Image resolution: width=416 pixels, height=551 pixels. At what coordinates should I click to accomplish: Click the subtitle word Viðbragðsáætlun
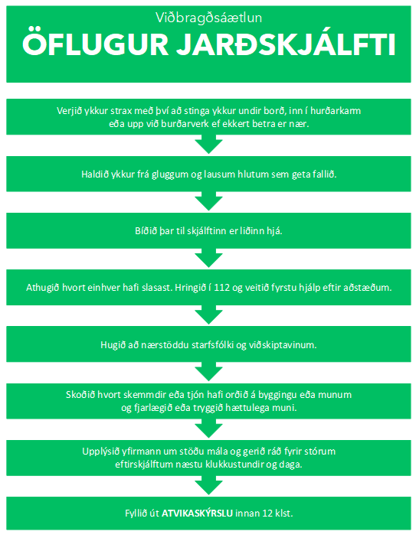click(208, 18)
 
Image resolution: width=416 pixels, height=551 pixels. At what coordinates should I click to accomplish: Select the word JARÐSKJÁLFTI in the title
click(286, 44)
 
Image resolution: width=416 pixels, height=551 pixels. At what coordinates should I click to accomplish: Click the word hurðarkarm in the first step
click(336, 111)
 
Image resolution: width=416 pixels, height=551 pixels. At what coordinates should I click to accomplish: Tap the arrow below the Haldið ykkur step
click(208, 201)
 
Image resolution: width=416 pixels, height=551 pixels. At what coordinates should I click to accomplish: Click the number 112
click(221, 288)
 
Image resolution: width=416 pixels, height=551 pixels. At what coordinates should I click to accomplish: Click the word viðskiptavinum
click(283, 344)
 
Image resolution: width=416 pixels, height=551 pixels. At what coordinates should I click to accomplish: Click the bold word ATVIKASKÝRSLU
click(197, 514)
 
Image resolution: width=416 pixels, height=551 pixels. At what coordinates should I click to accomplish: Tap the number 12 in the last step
click(267, 514)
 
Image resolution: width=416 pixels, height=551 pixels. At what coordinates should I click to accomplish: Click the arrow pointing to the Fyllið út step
click(208, 485)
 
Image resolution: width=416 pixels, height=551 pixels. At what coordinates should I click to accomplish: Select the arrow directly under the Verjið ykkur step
click(208, 145)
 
